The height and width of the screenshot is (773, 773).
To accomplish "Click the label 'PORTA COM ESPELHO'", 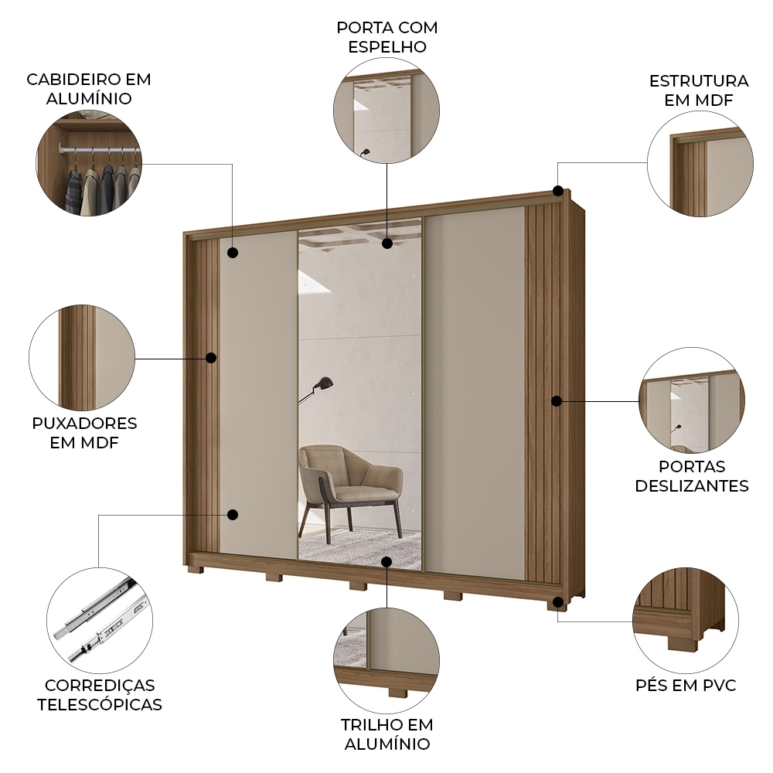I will [x=386, y=37].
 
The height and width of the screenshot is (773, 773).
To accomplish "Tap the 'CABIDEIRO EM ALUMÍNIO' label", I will [x=89, y=89].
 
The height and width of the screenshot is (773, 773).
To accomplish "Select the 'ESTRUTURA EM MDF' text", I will [x=699, y=90].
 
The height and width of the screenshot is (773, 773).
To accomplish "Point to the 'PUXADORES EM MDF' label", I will [x=84, y=433].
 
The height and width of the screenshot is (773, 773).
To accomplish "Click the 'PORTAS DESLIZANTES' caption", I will [x=692, y=476].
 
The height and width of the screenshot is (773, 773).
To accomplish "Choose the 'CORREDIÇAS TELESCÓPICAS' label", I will [x=100, y=695].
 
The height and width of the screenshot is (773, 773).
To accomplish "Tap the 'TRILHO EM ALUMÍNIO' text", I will [x=386, y=734].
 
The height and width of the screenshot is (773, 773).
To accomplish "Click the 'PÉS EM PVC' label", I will [x=686, y=686].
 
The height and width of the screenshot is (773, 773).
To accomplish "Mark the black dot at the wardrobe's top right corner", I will [x=557, y=191].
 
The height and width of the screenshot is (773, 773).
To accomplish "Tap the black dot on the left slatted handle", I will [x=211, y=358].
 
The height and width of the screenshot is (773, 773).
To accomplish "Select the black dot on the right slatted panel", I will [x=556, y=400].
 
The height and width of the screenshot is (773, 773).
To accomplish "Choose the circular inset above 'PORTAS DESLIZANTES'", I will [x=692, y=400].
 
